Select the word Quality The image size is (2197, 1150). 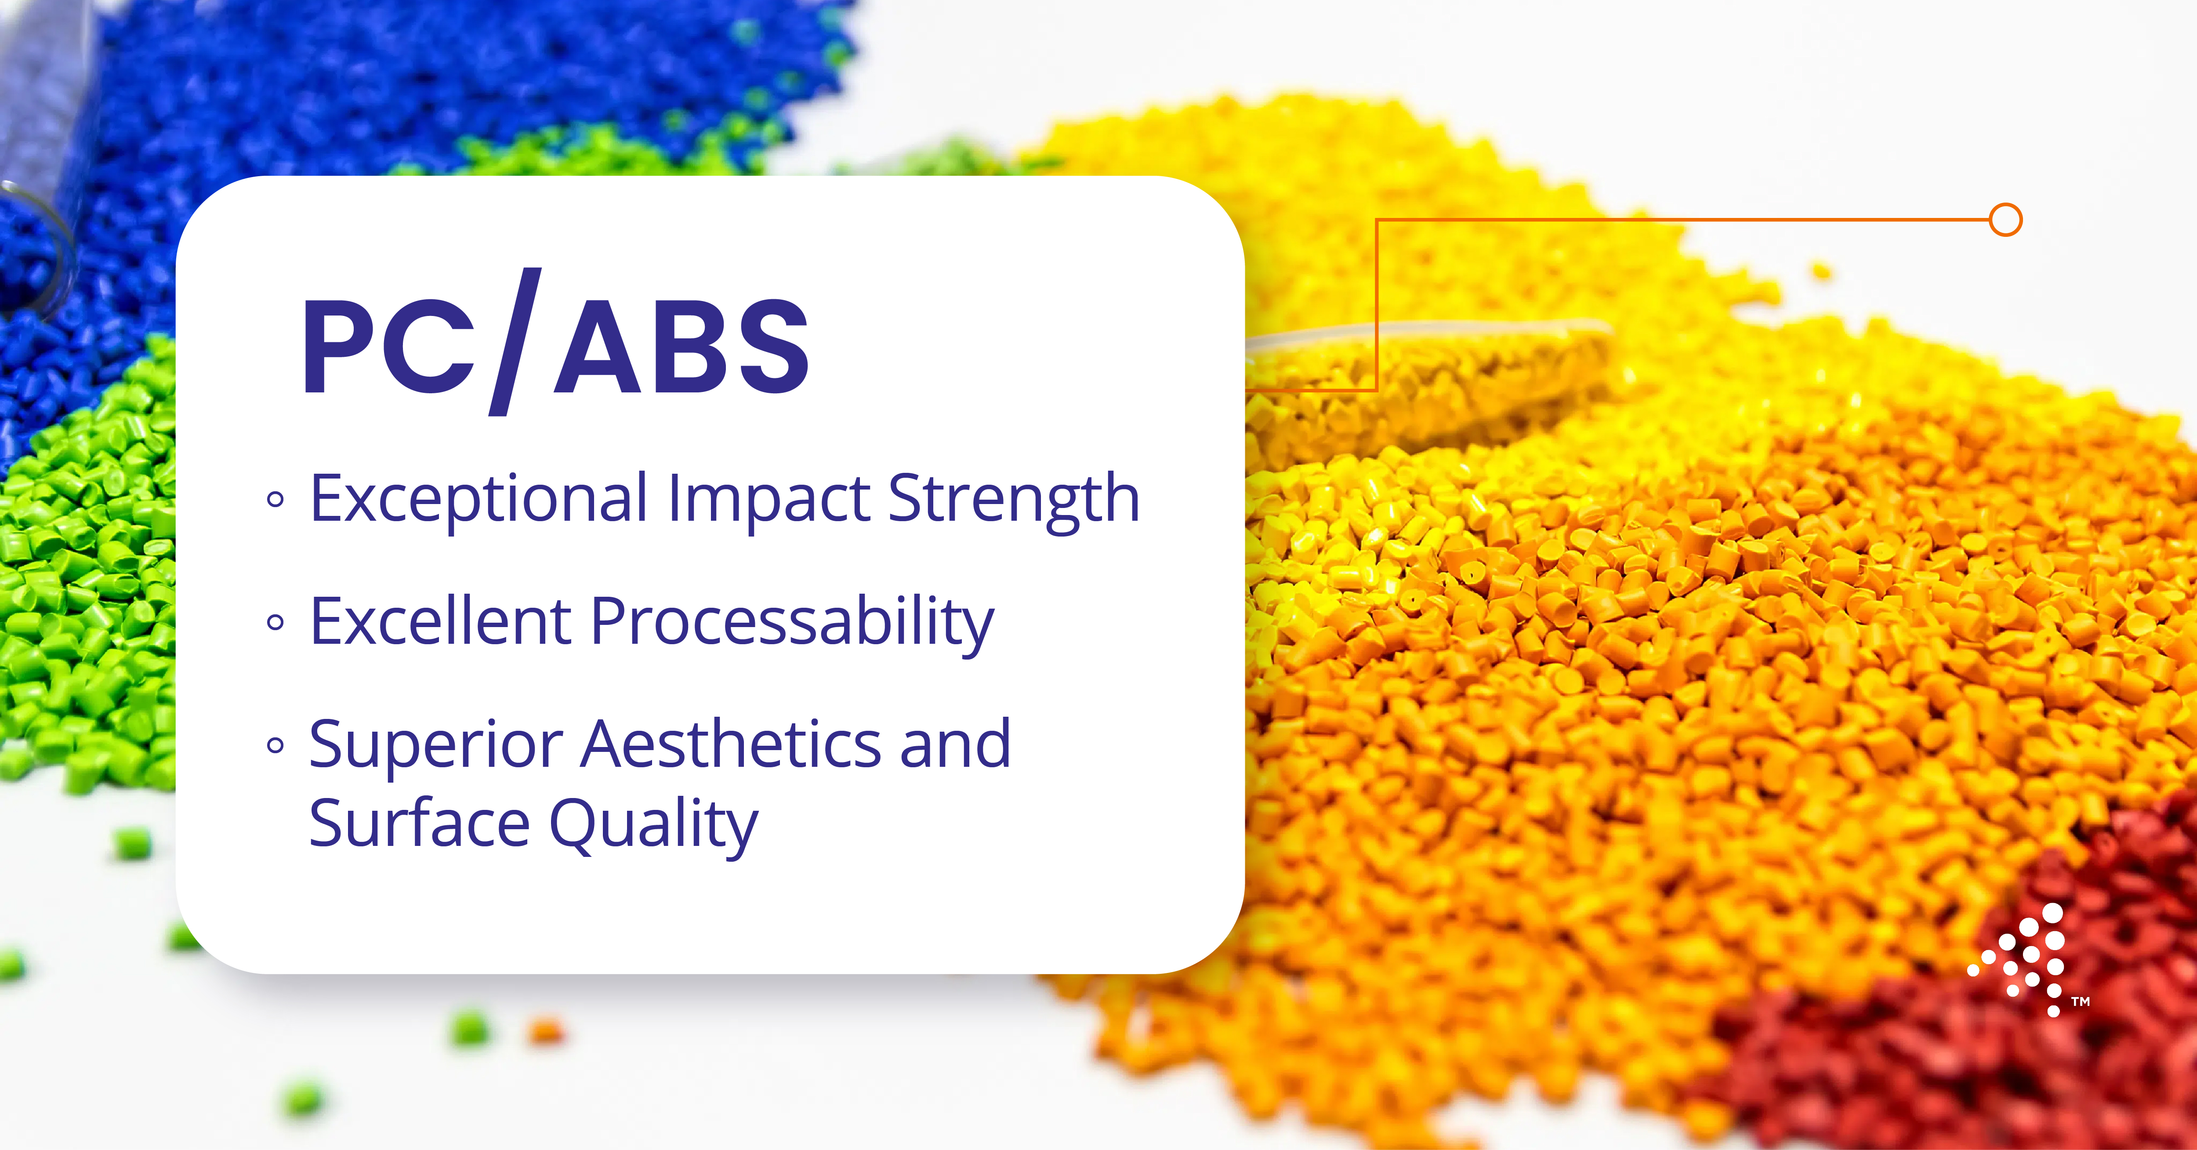[x=653, y=826]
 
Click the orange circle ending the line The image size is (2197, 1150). [x=2006, y=220]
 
